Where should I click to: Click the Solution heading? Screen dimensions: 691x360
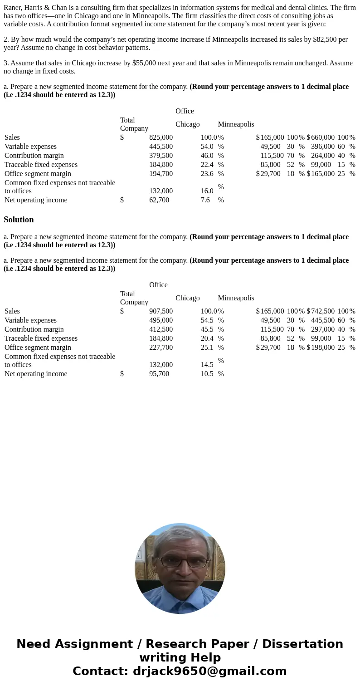[19, 220]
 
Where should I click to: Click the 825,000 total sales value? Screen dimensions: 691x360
[161, 137]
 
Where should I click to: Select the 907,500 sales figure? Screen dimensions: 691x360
[161, 311]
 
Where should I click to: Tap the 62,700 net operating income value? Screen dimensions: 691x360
[159, 200]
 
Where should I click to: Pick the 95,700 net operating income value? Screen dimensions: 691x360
[159, 374]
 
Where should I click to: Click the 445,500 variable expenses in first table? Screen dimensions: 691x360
[161, 147]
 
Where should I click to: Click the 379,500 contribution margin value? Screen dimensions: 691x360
[161, 156]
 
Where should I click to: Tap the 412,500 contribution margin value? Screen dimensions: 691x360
[161, 329]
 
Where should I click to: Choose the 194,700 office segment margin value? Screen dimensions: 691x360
[161, 174]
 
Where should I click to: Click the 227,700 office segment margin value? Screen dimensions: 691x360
[161, 348]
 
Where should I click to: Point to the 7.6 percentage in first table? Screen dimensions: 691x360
[205, 200]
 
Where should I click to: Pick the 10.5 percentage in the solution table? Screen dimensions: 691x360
[207, 374]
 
